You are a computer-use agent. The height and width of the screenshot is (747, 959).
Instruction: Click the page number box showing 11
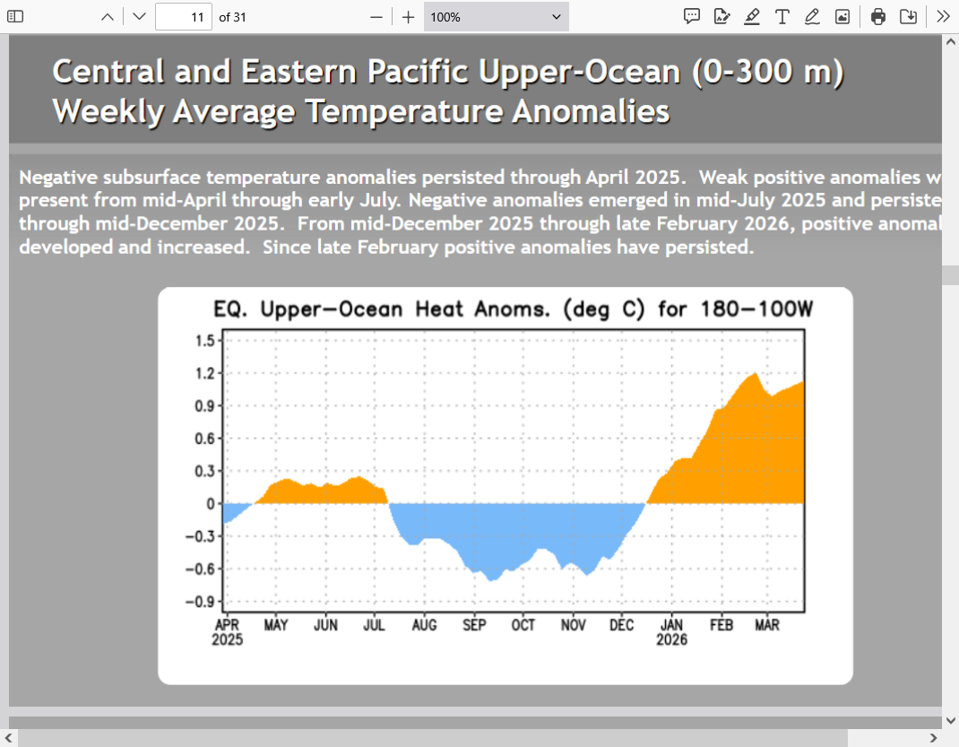[x=184, y=17]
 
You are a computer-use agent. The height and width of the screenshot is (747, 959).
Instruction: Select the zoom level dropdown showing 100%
[x=496, y=17]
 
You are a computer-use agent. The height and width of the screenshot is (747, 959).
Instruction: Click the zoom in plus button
[x=408, y=17]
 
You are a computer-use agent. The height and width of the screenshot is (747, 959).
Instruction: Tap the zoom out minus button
[x=376, y=17]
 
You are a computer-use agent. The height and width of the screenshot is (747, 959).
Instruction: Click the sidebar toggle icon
[x=15, y=17]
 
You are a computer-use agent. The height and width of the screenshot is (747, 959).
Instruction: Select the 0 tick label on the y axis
[x=210, y=504]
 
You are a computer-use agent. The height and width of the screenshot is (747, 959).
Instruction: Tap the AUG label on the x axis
[x=424, y=626]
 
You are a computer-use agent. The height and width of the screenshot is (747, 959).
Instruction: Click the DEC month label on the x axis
[x=621, y=626]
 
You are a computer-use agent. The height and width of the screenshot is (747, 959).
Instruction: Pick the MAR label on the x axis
[x=767, y=626]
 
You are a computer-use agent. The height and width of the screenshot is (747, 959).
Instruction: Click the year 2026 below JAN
[x=671, y=640]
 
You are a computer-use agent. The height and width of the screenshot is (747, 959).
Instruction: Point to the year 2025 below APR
[x=228, y=640]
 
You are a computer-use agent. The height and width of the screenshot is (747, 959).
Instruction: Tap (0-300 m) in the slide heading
[x=767, y=72]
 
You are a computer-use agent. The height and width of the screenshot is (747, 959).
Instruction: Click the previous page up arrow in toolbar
[x=108, y=17]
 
